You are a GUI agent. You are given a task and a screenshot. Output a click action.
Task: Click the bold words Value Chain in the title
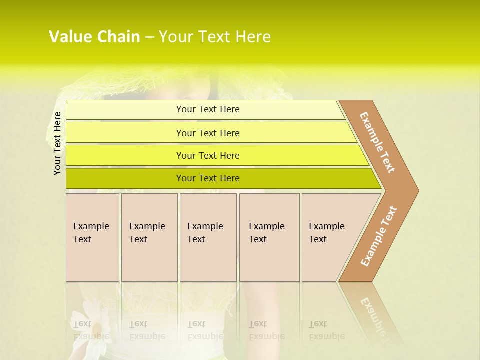pyautogui.click(x=94, y=37)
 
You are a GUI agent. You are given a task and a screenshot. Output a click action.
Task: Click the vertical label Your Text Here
pyautogui.click(x=57, y=143)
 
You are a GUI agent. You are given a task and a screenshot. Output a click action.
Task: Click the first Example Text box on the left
pyautogui.click(x=92, y=237)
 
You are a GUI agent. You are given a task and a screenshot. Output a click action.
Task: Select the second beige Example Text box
pyautogui.click(x=149, y=237)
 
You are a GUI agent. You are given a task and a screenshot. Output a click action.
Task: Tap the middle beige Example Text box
pyautogui.click(x=208, y=237)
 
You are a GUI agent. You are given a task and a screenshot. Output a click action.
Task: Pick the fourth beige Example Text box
pyautogui.click(x=269, y=237)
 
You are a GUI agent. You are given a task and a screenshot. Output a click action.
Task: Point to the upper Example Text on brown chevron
pyautogui.click(x=377, y=142)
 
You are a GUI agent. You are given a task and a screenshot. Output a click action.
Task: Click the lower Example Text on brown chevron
pyautogui.click(x=379, y=236)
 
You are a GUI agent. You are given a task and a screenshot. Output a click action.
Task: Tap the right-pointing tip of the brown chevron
pyautogui.click(x=414, y=190)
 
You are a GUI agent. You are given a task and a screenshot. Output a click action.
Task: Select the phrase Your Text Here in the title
pyautogui.click(x=215, y=37)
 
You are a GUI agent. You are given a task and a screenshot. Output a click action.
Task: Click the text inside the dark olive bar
pyautogui.click(x=208, y=178)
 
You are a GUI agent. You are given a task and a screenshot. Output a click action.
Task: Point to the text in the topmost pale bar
pyautogui.click(x=208, y=109)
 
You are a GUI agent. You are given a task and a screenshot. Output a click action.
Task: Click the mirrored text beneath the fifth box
pyautogui.click(x=326, y=330)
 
